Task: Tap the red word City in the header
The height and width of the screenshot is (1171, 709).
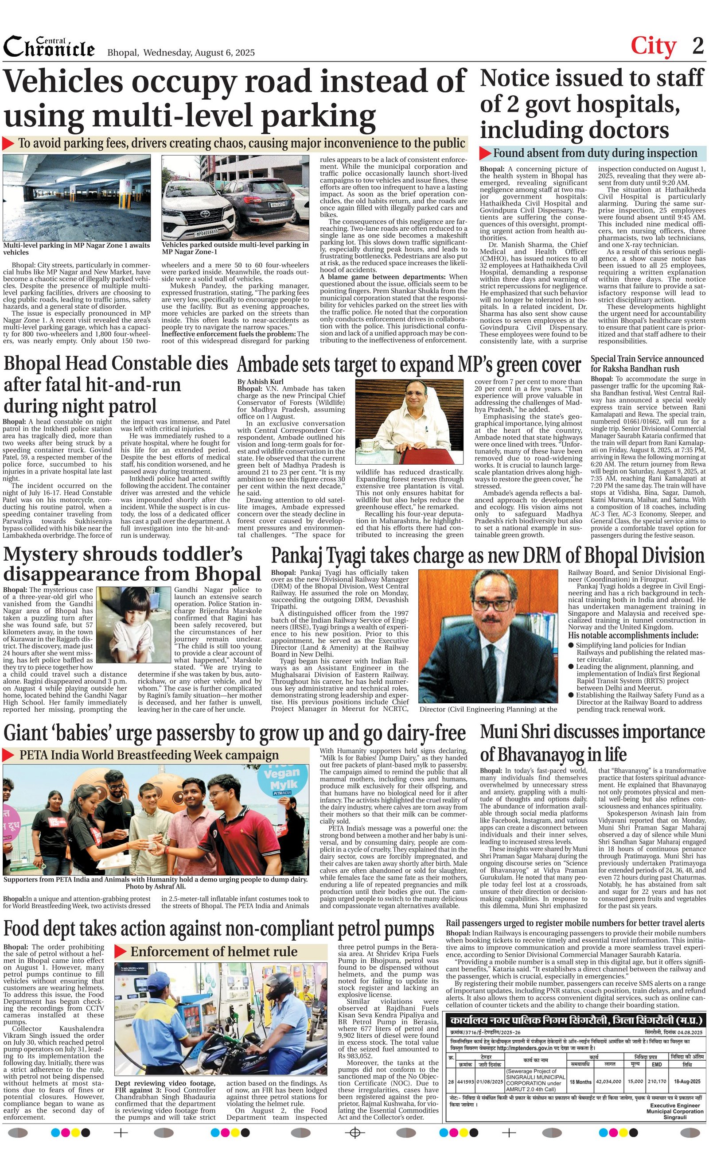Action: pyautogui.click(x=653, y=46)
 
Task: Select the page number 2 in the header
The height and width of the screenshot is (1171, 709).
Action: pyautogui.click(x=697, y=46)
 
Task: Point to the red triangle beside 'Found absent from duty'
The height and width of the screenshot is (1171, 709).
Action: pyautogui.click(x=484, y=153)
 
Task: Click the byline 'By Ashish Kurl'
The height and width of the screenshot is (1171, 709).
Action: pyautogui.click(x=260, y=381)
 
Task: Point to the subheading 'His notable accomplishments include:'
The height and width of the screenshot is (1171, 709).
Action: pyautogui.click(x=633, y=636)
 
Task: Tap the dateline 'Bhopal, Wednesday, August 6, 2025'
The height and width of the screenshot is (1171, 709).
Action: pyautogui.click(x=181, y=53)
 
